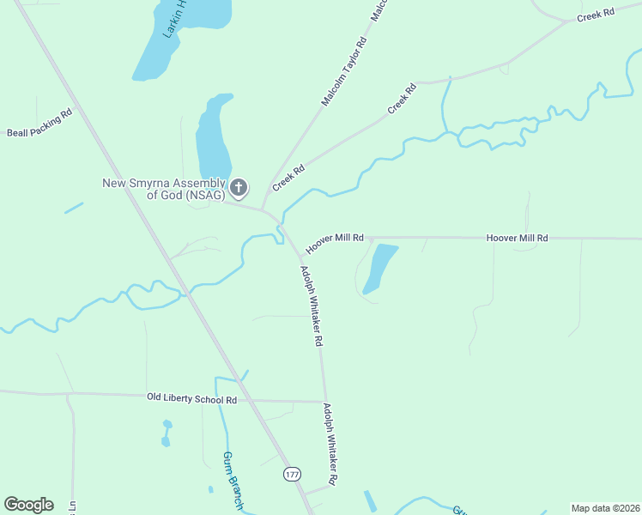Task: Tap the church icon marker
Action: pos(239,187)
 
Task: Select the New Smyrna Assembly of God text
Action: pos(163,189)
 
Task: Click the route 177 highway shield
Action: pos(293,474)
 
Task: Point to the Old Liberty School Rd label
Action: pos(191,399)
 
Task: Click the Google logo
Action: pos(28,505)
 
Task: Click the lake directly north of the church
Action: pos(213,137)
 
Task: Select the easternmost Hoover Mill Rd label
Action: pos(517,237)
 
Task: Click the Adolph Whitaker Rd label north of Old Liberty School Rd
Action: pos(311,305)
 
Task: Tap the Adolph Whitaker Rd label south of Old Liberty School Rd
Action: pos(330,443)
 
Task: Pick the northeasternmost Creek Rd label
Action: pos(596,15)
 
